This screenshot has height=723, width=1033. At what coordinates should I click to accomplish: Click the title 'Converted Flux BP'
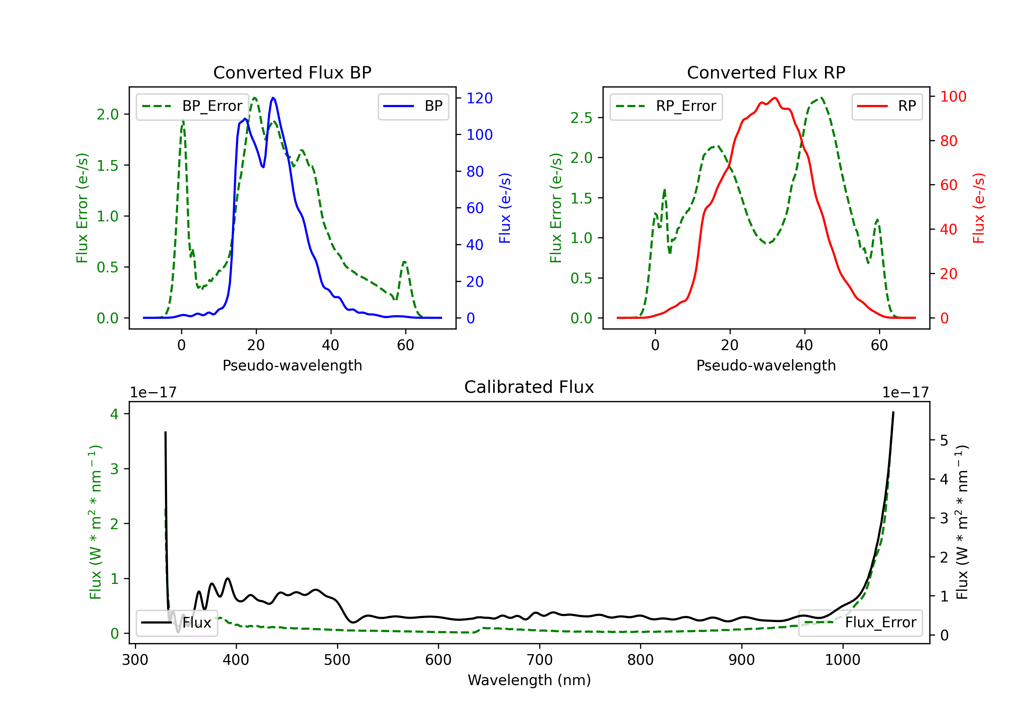(x=292, y=72)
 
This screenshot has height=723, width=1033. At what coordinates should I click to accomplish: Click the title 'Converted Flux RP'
(x=766, y=72)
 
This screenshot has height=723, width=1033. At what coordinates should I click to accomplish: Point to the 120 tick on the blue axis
(x=479, y=98)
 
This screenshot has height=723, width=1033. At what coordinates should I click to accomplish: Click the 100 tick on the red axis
(x=953, y=96)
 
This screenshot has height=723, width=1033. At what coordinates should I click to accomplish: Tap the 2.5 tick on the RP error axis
(x=581, y=118)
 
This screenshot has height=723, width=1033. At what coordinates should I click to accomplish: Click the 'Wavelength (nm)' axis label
(x=529, y=680)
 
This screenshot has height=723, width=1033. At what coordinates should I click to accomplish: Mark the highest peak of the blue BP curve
(x=273, y=98)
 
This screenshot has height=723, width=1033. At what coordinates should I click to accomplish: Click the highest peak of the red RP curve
(x=775, y=98)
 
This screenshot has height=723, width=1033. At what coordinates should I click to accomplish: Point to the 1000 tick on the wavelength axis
(x=842, y=660)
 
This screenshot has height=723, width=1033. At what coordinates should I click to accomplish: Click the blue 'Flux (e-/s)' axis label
(x=505, y=208)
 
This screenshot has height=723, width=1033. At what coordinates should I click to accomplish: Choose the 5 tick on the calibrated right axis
(x=945, y=440)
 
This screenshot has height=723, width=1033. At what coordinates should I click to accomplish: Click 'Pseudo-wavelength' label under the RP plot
(x=766, y=365)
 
